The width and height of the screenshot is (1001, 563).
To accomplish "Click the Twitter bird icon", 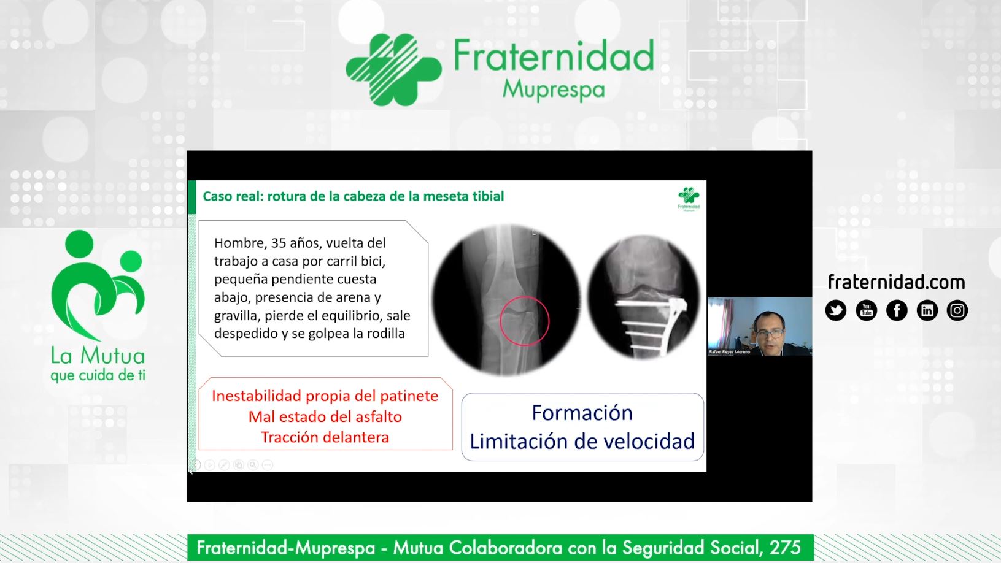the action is [x=836, y=310].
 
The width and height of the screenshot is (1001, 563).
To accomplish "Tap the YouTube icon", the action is [x=866, y=310].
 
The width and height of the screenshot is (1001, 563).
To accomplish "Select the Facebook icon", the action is [x=897, y=310].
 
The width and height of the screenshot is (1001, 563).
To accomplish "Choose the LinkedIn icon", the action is [x=927, y=310].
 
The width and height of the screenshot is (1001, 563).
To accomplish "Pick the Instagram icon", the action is [x=957, y=310].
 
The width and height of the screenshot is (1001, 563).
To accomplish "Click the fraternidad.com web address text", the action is [x=897, y=282].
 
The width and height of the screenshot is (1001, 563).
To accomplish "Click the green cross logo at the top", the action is [x=393, y=70].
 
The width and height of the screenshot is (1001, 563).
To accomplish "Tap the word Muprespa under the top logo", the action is [x=554, y=90].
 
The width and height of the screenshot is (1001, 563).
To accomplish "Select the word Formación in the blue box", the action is [x=582, y=413].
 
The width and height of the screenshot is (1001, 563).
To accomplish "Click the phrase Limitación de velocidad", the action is [x=582, y=441].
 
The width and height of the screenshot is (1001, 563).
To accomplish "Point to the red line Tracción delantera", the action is [x=325, y=437].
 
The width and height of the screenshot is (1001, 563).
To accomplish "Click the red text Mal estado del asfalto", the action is [x=325, y=416].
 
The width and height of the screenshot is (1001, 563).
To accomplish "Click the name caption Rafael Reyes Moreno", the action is [x=729, y=352].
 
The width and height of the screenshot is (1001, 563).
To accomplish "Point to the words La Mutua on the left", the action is [x=98, y=356].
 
